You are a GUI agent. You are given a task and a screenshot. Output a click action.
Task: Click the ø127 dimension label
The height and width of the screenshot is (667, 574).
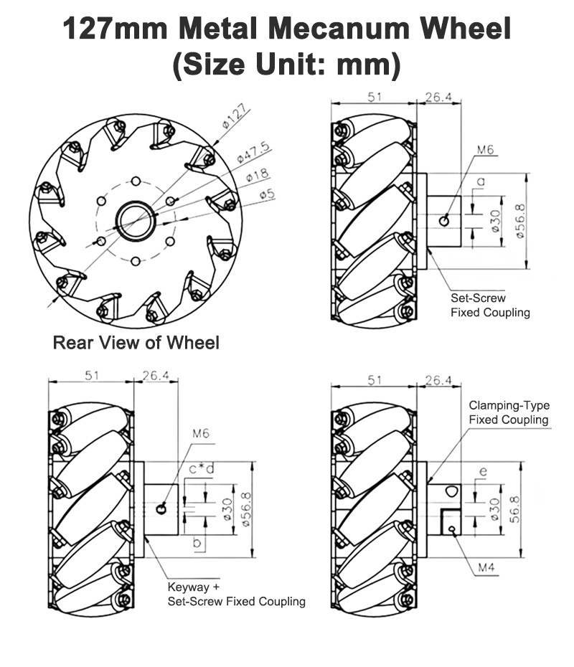(235, 117)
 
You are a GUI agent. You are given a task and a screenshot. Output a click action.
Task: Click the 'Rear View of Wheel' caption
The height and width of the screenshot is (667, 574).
(136, 343)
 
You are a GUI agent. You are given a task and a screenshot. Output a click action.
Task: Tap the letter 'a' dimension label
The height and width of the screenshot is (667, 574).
(481, 183)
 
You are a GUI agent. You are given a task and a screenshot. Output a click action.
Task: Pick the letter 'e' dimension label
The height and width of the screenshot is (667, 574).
(482, 471)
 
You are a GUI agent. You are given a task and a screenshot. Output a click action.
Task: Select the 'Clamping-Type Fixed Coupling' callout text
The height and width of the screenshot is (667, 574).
(509, 412)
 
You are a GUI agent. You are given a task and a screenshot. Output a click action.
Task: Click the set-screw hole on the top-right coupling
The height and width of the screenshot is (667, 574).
(446, 220)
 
